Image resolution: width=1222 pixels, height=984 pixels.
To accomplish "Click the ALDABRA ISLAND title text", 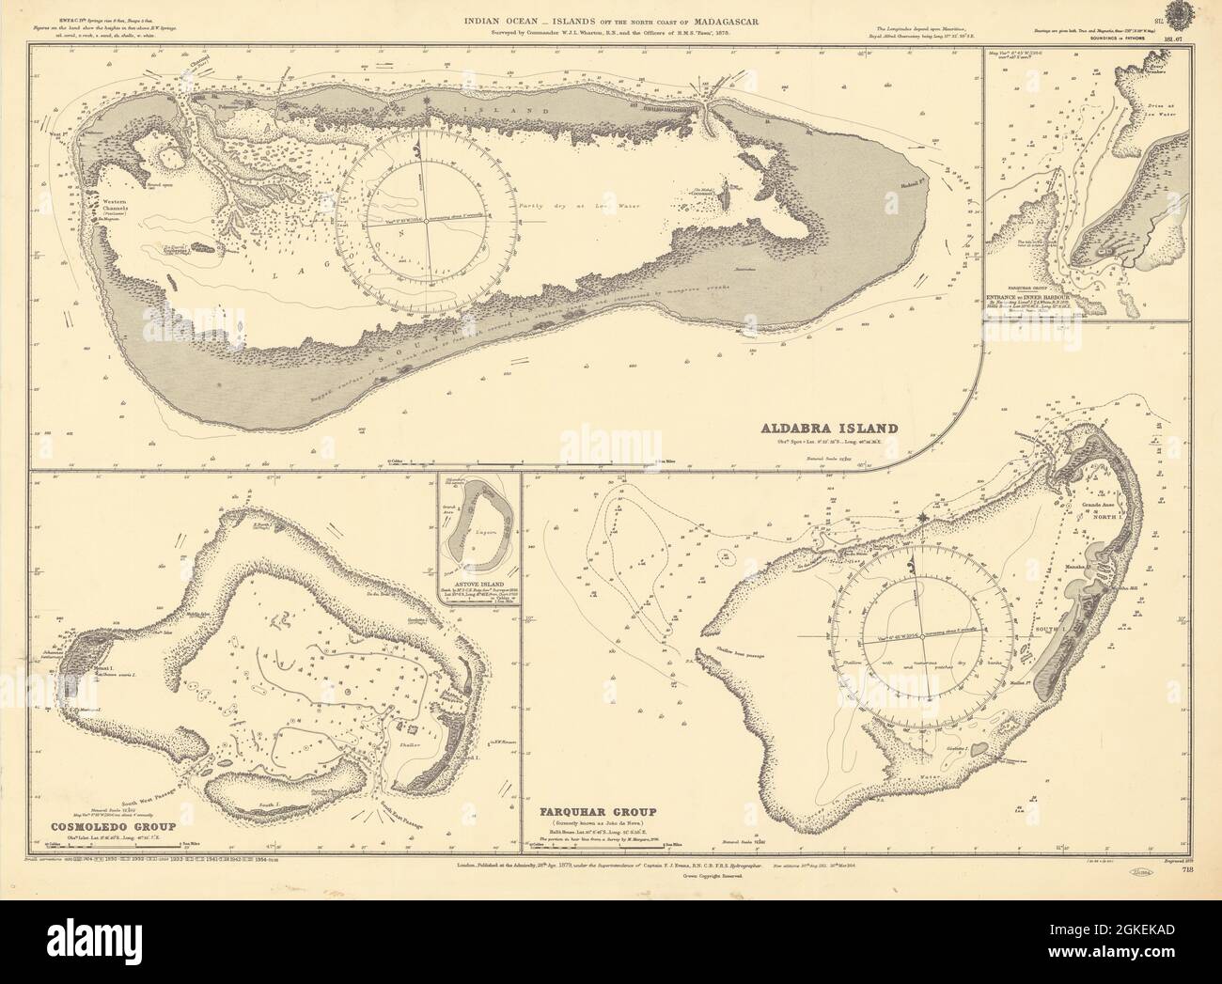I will pos(830,429).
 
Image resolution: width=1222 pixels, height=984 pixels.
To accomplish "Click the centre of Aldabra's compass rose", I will pos(426,221).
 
